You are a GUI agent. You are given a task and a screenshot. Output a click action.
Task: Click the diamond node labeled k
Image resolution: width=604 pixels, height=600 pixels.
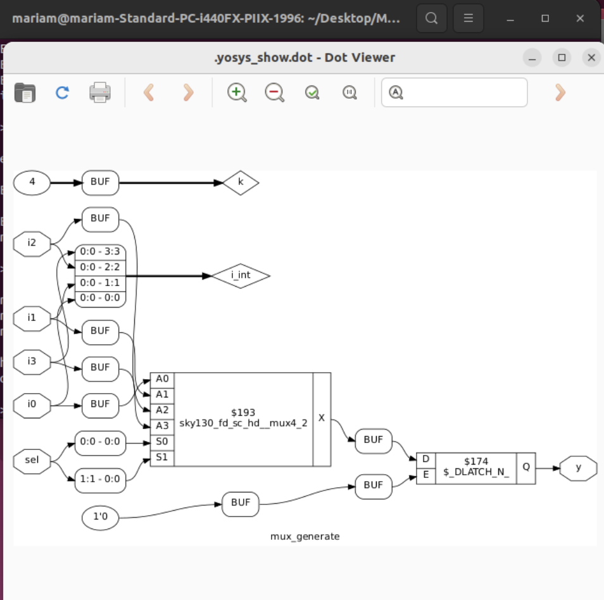pyautogui.click(x=241, y=183)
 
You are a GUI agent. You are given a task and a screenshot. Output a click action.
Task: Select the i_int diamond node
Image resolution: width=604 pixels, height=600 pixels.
pyautogui.click(x=240, y=276)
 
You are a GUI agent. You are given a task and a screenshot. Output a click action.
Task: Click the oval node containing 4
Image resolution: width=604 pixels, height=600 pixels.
pyautogui.click(x=32, y=183)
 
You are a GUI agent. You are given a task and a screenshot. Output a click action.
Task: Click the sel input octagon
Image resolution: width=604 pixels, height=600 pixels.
pyautogui.click(x=32, y=460)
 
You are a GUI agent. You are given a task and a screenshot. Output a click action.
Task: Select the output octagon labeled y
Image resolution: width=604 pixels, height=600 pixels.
pyautogui.click(x=579, y=469)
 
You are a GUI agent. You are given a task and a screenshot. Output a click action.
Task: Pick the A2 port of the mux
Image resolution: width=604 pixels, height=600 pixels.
pyautogui.click(x=162, y=410)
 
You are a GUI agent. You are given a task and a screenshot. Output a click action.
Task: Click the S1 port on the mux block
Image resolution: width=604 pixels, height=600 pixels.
pyautogui.click(x=162, y=457)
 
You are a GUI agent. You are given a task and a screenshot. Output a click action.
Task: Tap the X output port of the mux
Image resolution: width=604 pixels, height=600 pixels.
pyautogui.click(x=322, y=418)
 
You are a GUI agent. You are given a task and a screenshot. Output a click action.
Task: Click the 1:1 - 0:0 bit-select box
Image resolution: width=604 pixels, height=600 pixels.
pyautogui.click(x=100, y=478)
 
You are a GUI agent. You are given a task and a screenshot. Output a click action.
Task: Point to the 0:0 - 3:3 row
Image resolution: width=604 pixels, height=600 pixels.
pyautogui.click(x=100, y=252)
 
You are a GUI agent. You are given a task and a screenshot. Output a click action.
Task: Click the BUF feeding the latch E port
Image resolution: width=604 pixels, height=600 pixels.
pyautogui.click(x=374, y=485)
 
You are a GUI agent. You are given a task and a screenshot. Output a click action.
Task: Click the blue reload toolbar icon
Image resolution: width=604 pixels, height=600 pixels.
pyautogui.click(x=62, y=93)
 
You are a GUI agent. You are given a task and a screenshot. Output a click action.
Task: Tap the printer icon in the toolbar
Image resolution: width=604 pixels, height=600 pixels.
pyautogui.click(x=100, y=93)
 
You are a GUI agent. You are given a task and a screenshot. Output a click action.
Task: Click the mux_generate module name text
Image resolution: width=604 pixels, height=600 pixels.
pyautogui.click(x=305, y=536)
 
